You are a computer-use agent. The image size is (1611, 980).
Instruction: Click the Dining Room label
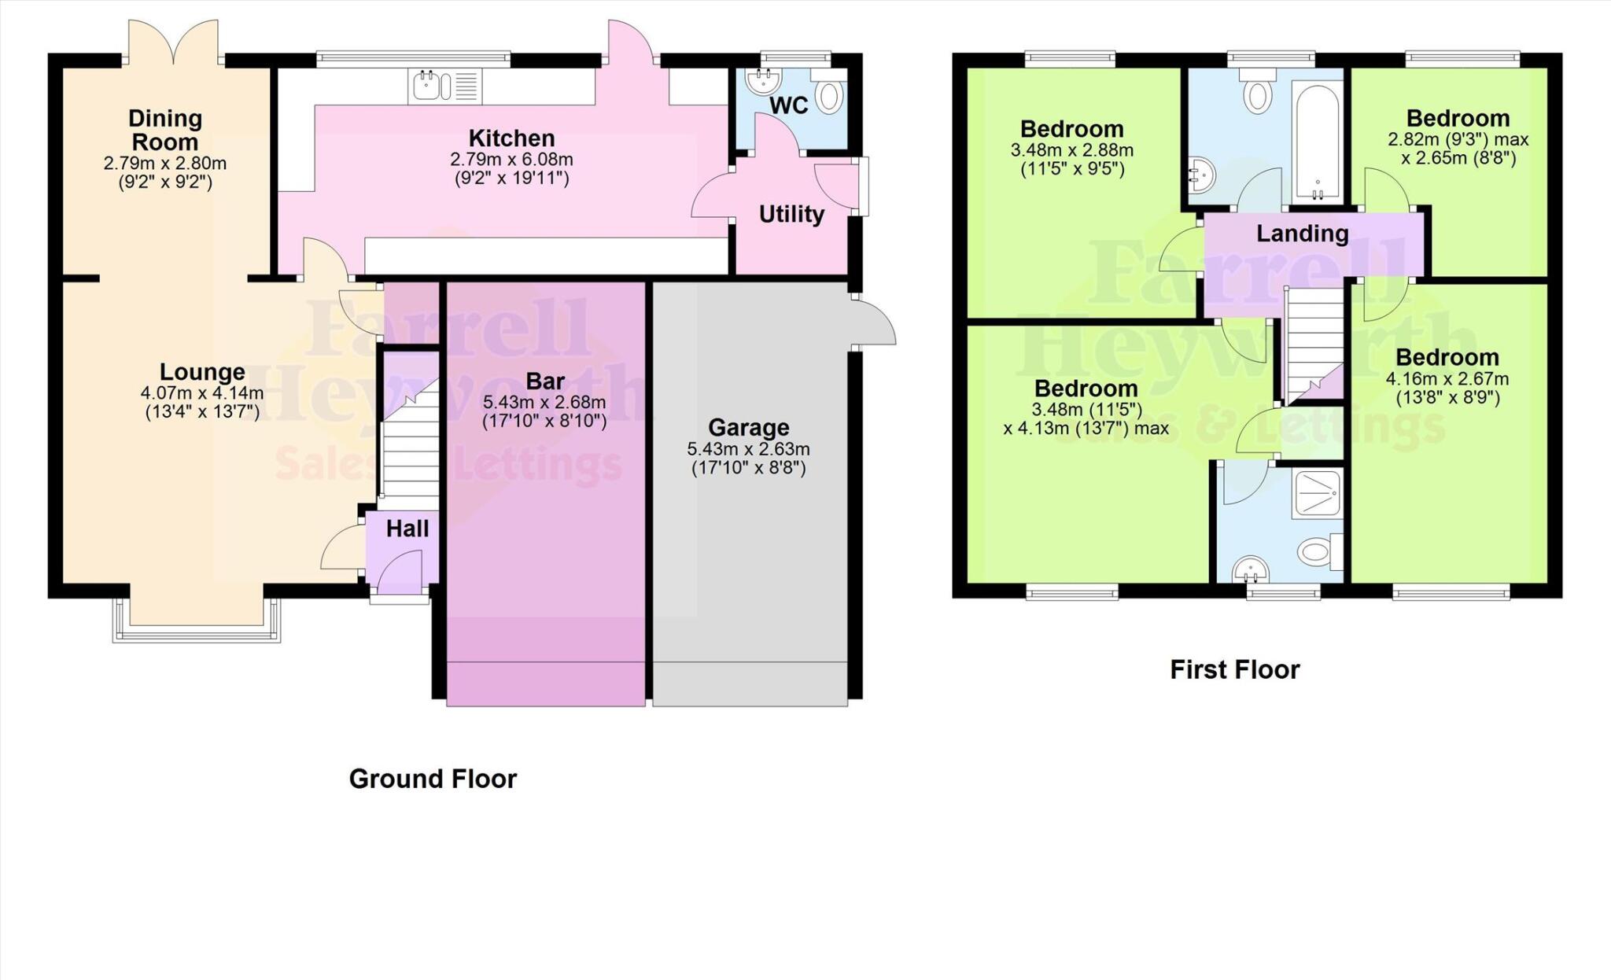pyautogui.click(x=165, y=131)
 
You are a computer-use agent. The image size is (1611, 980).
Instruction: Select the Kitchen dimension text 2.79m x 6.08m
pyautogui.click(x=511, y=160)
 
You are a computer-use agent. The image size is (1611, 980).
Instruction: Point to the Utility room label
pyautogui.click(x=791, y=215)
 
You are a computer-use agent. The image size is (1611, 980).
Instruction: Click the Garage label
pyautogui.click(x=748, y=428)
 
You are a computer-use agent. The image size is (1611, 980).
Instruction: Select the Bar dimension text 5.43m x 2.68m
pyautogui.click(x=544, y=403)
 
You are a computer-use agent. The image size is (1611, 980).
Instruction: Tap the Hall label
pyautogui.click(x=407, y=529)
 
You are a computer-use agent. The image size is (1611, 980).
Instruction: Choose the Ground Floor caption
pyautogui.click(x=433, y=779)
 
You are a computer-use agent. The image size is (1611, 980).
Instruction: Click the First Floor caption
pyautogui.click(x=1234, y=670)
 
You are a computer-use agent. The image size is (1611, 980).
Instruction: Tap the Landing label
pyautogui.click(x=1302, y=234)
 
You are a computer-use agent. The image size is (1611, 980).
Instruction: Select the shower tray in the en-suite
pyautogui.click(x=1316, y=494)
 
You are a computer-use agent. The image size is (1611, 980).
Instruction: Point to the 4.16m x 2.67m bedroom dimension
pyautogui.click(x=1447, y=379)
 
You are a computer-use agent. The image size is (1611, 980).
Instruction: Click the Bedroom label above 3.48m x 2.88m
pyautogui.click(x=1071, y=129)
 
